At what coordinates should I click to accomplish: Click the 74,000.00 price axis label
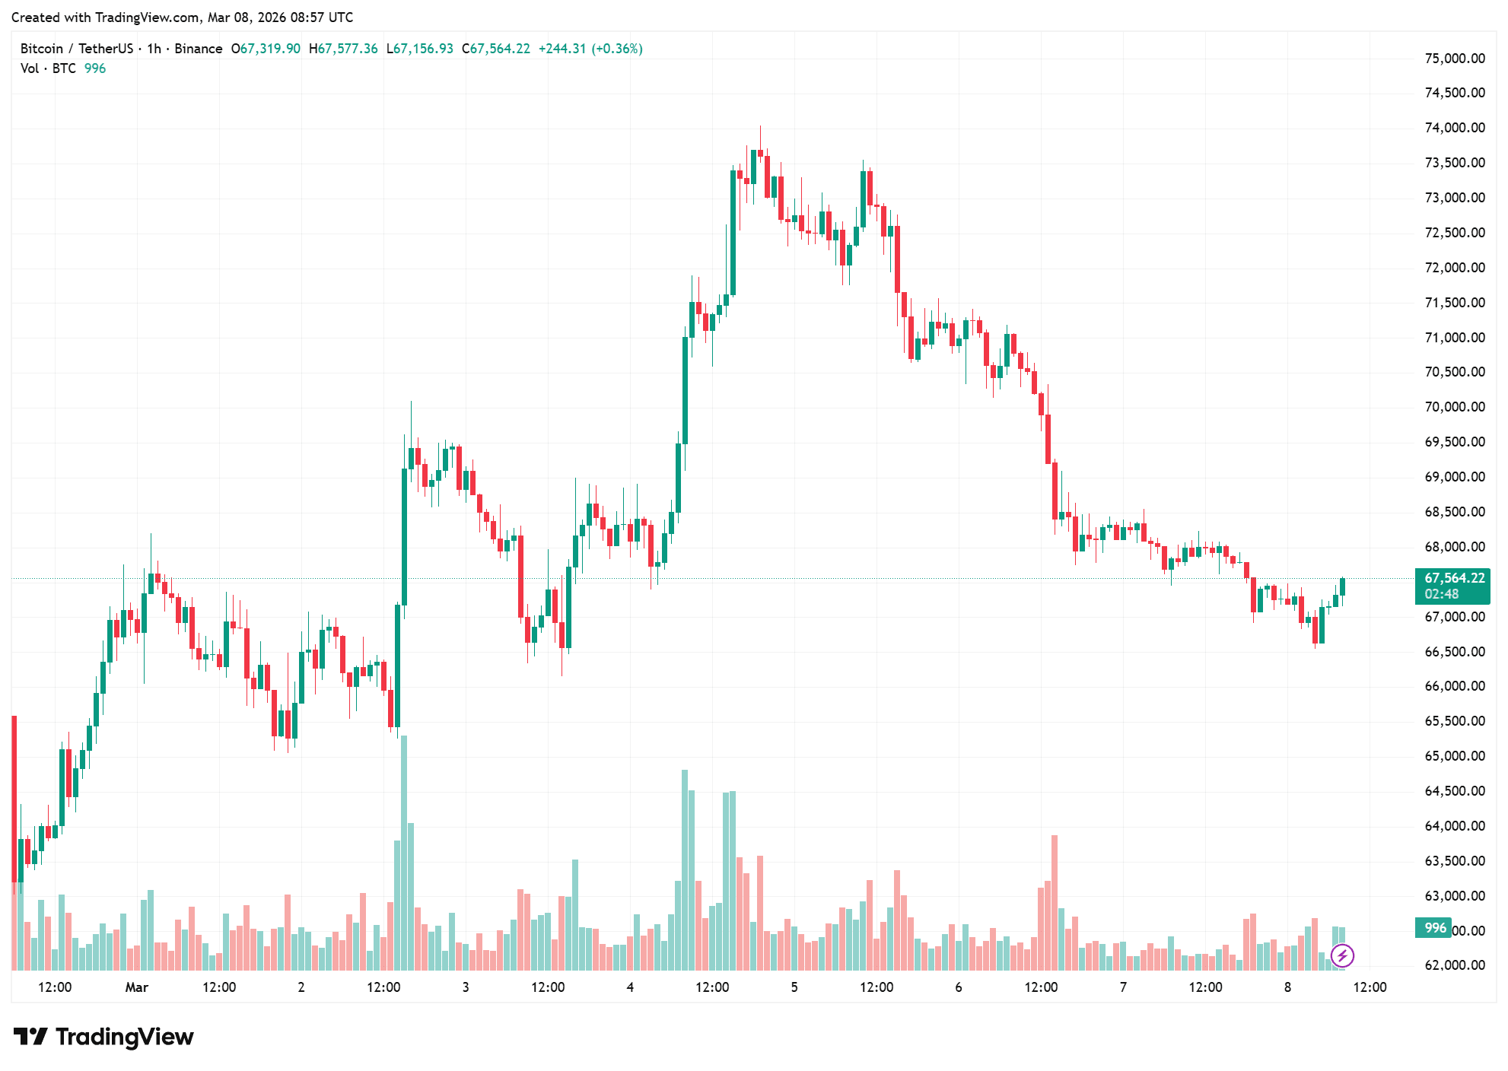point(1454,128)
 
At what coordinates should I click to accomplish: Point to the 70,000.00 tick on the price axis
point(1454,407)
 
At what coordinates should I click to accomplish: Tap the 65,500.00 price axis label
point(1454,721)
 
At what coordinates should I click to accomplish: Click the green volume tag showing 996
point(1434,928)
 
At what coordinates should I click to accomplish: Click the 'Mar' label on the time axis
point(136,987)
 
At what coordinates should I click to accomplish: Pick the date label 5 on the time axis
point(794,987)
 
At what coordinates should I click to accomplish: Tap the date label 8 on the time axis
point(1287,987)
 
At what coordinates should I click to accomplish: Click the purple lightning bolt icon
point(1342,955)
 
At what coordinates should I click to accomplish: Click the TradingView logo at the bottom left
point(103,1037)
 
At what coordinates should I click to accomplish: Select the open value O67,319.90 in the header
point(266,49)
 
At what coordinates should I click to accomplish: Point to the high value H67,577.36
point(343,49)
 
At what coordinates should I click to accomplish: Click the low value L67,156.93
point(419,49)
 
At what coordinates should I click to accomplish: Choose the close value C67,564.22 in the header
point(496,49)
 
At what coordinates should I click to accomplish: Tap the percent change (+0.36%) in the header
point(616,49)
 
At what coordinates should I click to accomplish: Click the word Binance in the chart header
point(199,49)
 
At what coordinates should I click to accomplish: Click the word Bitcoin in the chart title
point(42,49)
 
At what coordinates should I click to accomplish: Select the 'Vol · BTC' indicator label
point(48,68)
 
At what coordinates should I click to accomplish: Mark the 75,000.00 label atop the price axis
point(1454,59)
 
